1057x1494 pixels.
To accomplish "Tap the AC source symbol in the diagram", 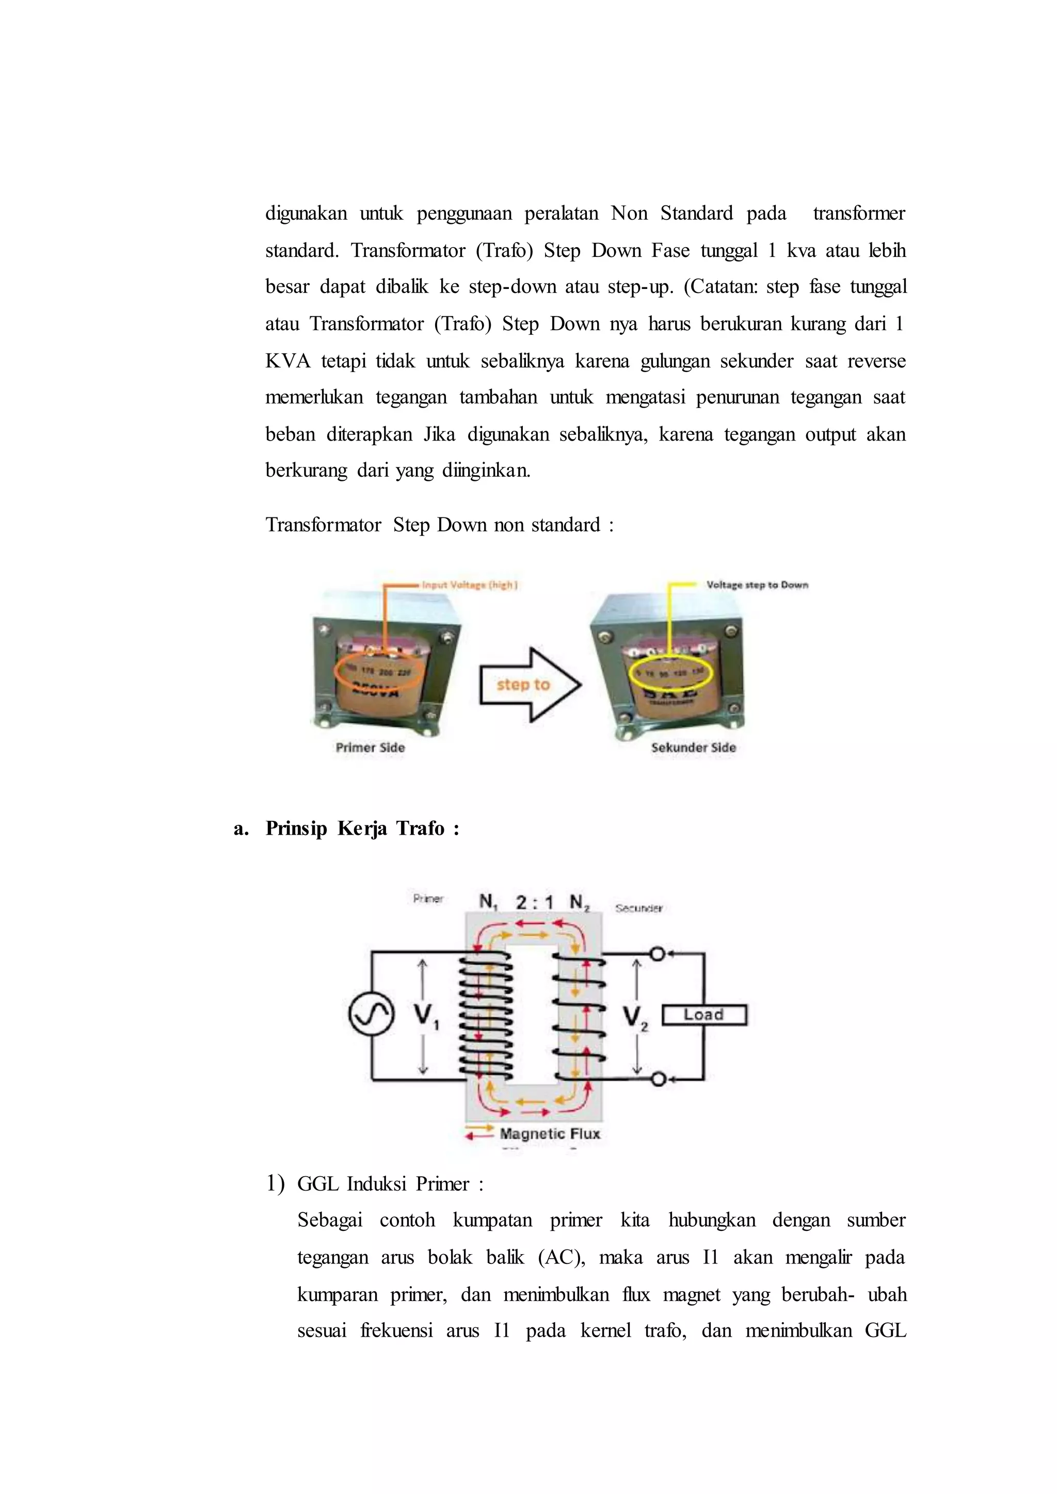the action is click(x=371, y=1015).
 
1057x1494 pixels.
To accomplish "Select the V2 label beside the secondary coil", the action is click(x=635, y=1018).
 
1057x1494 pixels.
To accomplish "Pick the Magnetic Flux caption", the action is click(x=550, y=1133).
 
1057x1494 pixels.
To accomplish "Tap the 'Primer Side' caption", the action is click(x=371, y=748).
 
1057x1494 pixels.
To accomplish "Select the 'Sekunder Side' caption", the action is click(x=693, y=748).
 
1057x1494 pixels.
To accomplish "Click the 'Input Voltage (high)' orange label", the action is click(x=470, y=585).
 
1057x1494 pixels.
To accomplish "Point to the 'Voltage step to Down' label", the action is click(x=757, y=585).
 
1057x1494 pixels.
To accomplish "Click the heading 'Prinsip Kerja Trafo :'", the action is click(x=362, y=829).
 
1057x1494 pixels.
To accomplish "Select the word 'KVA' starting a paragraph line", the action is click(x=287, y=361).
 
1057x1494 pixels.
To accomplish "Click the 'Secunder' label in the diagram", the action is click(x=638, y=908).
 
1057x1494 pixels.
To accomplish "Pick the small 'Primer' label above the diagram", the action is click(x=428, y=899).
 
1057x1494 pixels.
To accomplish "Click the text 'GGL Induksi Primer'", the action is click(x=383, y=1183).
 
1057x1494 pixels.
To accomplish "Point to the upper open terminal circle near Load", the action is click(x=658, y=954).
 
